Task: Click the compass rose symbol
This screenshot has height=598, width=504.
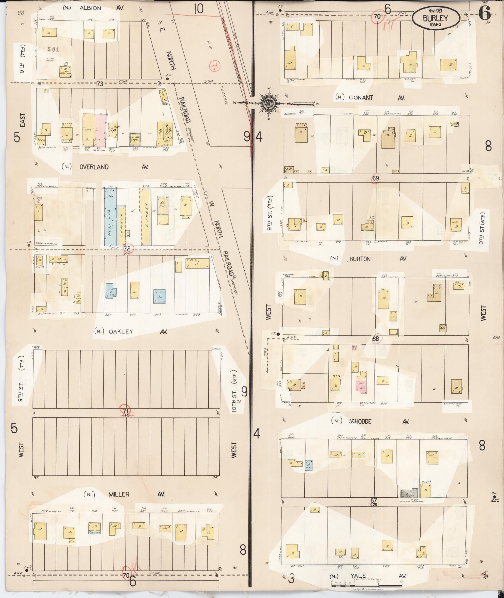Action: click(267, 103)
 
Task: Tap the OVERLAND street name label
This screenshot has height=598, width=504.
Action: click(94, 167)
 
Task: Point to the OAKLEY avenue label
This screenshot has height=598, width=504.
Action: click(121, 332)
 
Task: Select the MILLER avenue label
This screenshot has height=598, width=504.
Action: click(119, 494)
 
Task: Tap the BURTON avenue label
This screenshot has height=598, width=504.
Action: click(360, 259)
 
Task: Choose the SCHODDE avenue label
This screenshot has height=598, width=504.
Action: click(360, 421)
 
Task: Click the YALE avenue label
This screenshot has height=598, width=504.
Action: click(358, 576)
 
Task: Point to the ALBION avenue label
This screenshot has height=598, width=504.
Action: click(90, 8)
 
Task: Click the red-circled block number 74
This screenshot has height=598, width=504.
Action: click(215, 66)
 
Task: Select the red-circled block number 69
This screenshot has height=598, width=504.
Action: click(376, 178)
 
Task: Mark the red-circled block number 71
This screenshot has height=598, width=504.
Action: click(126, 410)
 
